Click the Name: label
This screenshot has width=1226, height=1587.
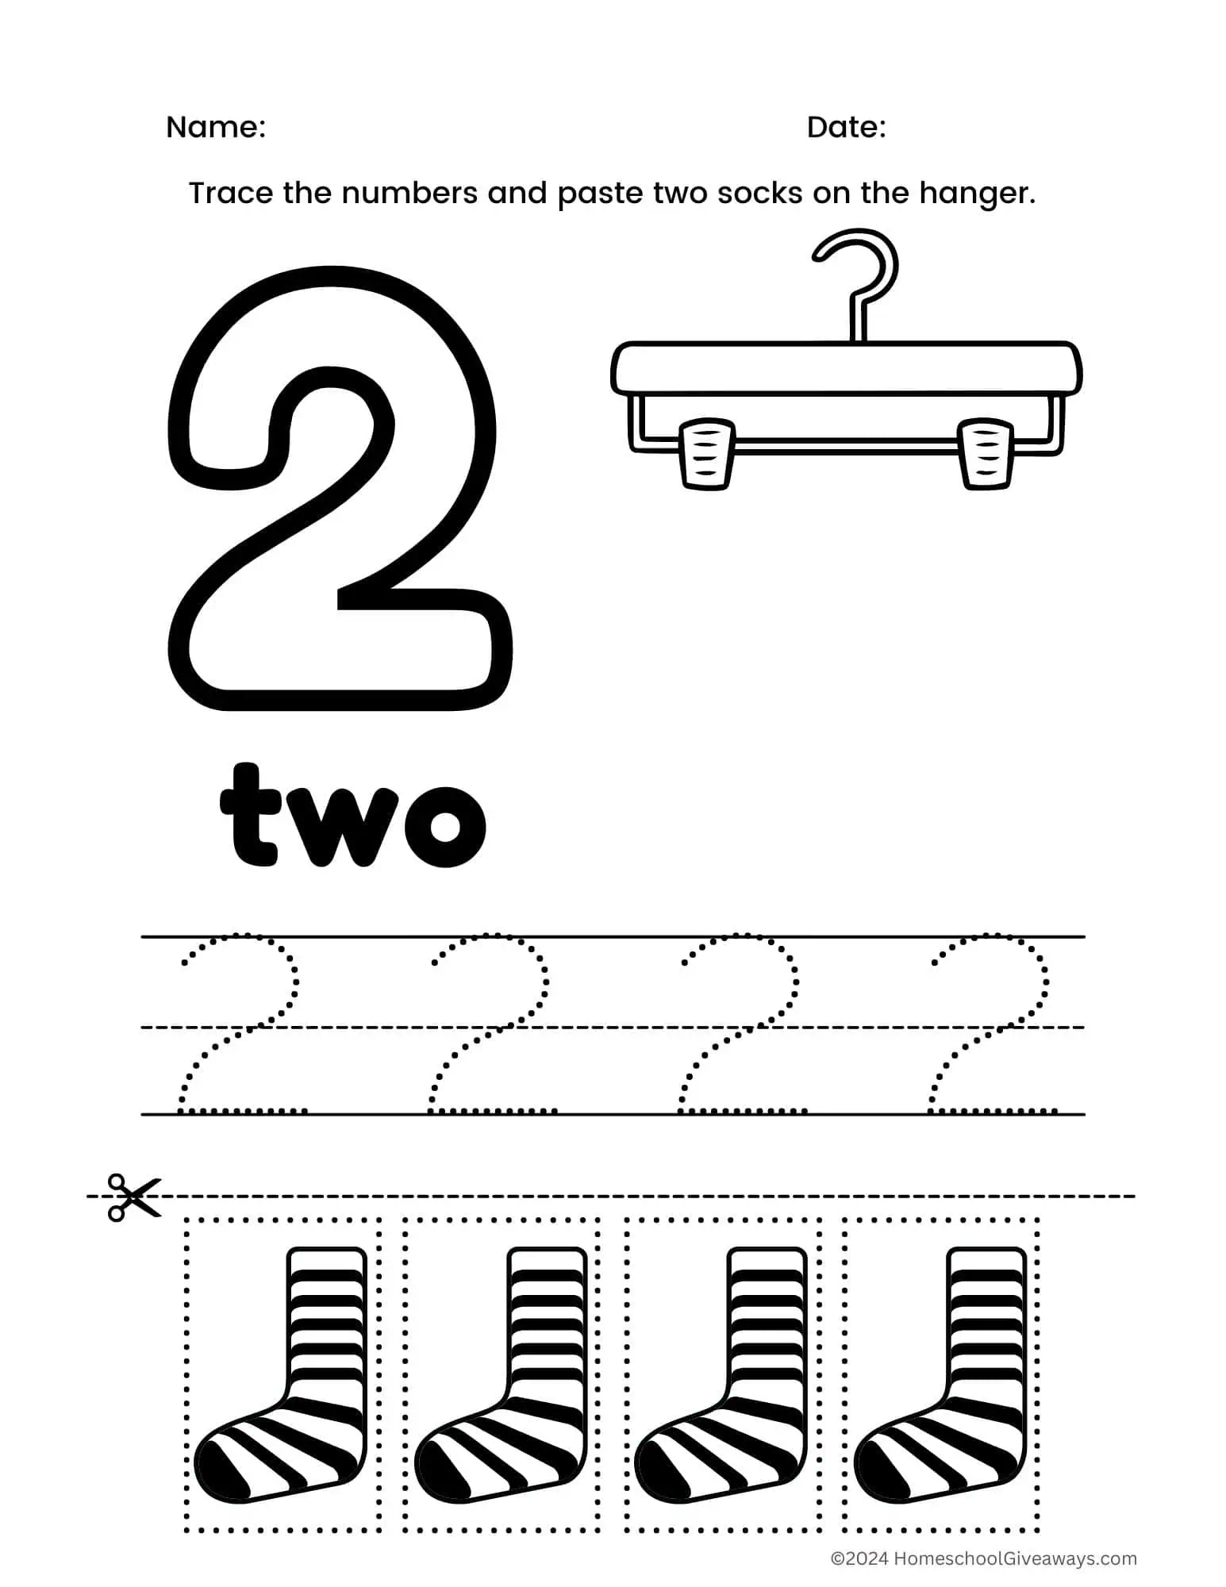(215, 128)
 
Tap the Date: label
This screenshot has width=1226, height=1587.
(846, 128)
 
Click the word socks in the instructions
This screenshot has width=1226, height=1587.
(759, 194)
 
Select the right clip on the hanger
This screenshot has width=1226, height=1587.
(986, 454)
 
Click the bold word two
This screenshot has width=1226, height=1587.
(352, 815)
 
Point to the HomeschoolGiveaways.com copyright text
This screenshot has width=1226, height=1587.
(984, 1558)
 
